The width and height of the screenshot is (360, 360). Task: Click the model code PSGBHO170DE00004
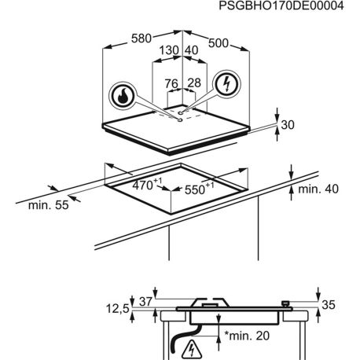pos(281,6)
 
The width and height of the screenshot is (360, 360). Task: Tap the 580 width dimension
pos(141,39)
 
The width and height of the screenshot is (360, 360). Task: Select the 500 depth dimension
pos(219,43)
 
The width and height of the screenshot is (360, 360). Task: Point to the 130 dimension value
pos(169,50)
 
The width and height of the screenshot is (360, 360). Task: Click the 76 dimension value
pos(171,83)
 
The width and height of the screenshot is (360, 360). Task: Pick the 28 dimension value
pos(194,83)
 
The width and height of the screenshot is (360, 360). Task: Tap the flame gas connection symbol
pos(123,96)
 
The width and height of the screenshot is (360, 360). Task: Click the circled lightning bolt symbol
pos(226,84)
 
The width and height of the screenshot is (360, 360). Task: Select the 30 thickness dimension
pos(288,125)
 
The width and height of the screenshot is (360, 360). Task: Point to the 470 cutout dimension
pos(147,184)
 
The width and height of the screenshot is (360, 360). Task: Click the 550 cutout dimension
pos(199,189)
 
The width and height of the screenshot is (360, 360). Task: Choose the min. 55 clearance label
pos(48,205)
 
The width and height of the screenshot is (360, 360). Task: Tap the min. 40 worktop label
pos(318,189)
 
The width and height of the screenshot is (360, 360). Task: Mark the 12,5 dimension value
pos(118,309)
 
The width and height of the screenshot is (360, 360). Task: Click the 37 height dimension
pos(145,302)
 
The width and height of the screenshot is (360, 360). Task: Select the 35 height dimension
pos(329,305)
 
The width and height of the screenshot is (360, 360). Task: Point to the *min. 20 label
pos(247,336)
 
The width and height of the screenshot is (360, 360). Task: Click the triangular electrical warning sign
pos(192,350)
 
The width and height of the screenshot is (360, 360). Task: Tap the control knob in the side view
pos(285,304)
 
